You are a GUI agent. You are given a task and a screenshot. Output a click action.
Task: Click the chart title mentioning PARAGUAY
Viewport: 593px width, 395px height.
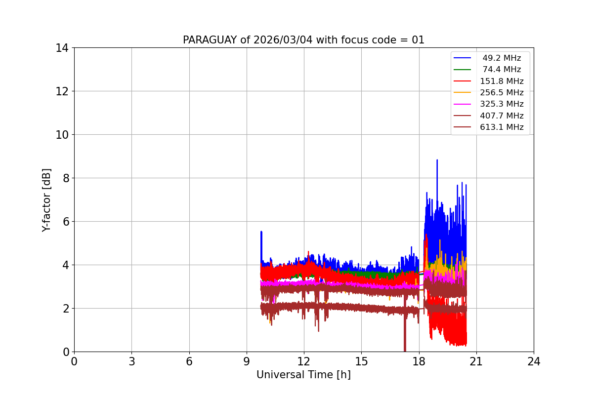[x=303, y=40]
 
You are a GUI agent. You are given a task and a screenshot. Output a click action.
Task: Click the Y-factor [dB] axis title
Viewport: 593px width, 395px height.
[x=46, y=200]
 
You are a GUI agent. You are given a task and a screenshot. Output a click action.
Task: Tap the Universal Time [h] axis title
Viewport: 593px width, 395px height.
[x=303, y=375]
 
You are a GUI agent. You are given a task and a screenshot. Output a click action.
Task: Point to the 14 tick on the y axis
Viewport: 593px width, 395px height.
[x=62, y=48]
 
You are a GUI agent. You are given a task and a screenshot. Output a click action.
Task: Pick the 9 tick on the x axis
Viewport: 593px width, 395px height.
[x=247, y=361]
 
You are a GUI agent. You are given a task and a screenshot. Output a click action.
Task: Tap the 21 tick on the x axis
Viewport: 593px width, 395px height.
[x=476, y=361]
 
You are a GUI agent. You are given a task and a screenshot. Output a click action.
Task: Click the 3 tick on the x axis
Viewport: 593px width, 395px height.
[x=131, y=361]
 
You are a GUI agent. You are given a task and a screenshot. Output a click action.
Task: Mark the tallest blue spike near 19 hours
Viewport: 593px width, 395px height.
[x=437, y=160]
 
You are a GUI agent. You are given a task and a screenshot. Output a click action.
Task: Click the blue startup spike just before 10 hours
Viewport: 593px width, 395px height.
[x=261, y=232]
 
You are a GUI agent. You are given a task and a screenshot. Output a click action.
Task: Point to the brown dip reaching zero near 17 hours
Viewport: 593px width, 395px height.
[x=405, y=348]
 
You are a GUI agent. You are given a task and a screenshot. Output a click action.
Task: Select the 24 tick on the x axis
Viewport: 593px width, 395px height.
[x=534, y=361]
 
